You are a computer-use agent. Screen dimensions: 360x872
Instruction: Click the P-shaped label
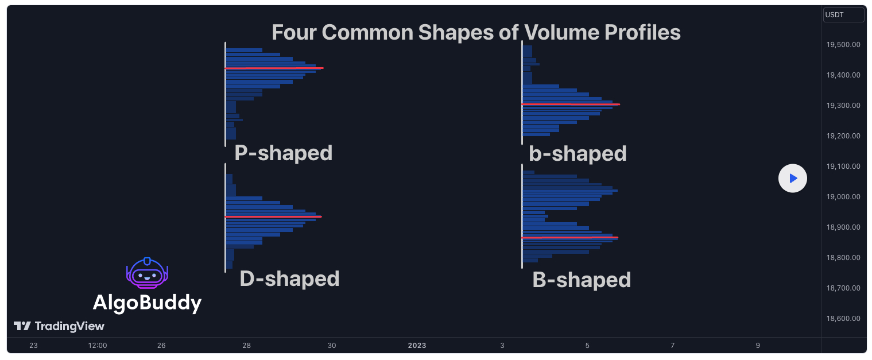coord(283,153)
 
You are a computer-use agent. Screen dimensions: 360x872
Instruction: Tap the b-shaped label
coord(578,153)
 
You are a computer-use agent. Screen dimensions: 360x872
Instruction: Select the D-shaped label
coord(289,278)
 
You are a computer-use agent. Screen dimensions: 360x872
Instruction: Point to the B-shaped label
coord(582,280)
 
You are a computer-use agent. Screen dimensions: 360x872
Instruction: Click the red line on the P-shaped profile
coord(274,68)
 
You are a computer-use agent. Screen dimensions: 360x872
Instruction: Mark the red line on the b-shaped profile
coord(571,104)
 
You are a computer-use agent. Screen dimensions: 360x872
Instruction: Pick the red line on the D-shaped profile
coord(273,216)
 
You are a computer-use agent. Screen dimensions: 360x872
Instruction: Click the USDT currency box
coord(843,15)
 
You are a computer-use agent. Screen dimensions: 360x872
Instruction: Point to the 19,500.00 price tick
coord(843,45)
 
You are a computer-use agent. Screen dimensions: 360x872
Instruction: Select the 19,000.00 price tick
coord(843,197)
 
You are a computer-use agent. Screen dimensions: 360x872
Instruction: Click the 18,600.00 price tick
coord(843,319)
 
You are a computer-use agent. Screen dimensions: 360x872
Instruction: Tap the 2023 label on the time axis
coord(417,346)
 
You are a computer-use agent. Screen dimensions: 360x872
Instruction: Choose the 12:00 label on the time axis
coord(98,346)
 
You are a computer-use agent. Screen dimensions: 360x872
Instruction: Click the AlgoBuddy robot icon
coord(147,273)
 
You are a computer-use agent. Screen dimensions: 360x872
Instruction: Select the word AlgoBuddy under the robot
coord(147,303)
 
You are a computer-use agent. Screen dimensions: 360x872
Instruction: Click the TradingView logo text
coord(69,327)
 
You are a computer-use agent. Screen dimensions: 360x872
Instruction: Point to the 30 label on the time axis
coord(332,346)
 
